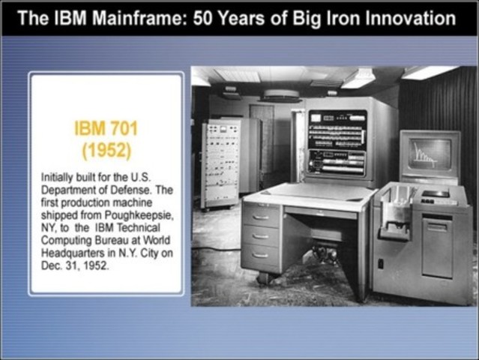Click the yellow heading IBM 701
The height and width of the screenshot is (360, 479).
coord(106,128)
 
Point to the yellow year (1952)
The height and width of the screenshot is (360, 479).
coord(106,150)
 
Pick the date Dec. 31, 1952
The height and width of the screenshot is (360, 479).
coord(73,265)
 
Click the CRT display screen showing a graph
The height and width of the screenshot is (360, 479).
coord(430,154)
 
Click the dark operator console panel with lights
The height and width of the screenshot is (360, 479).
coord(337,142)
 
